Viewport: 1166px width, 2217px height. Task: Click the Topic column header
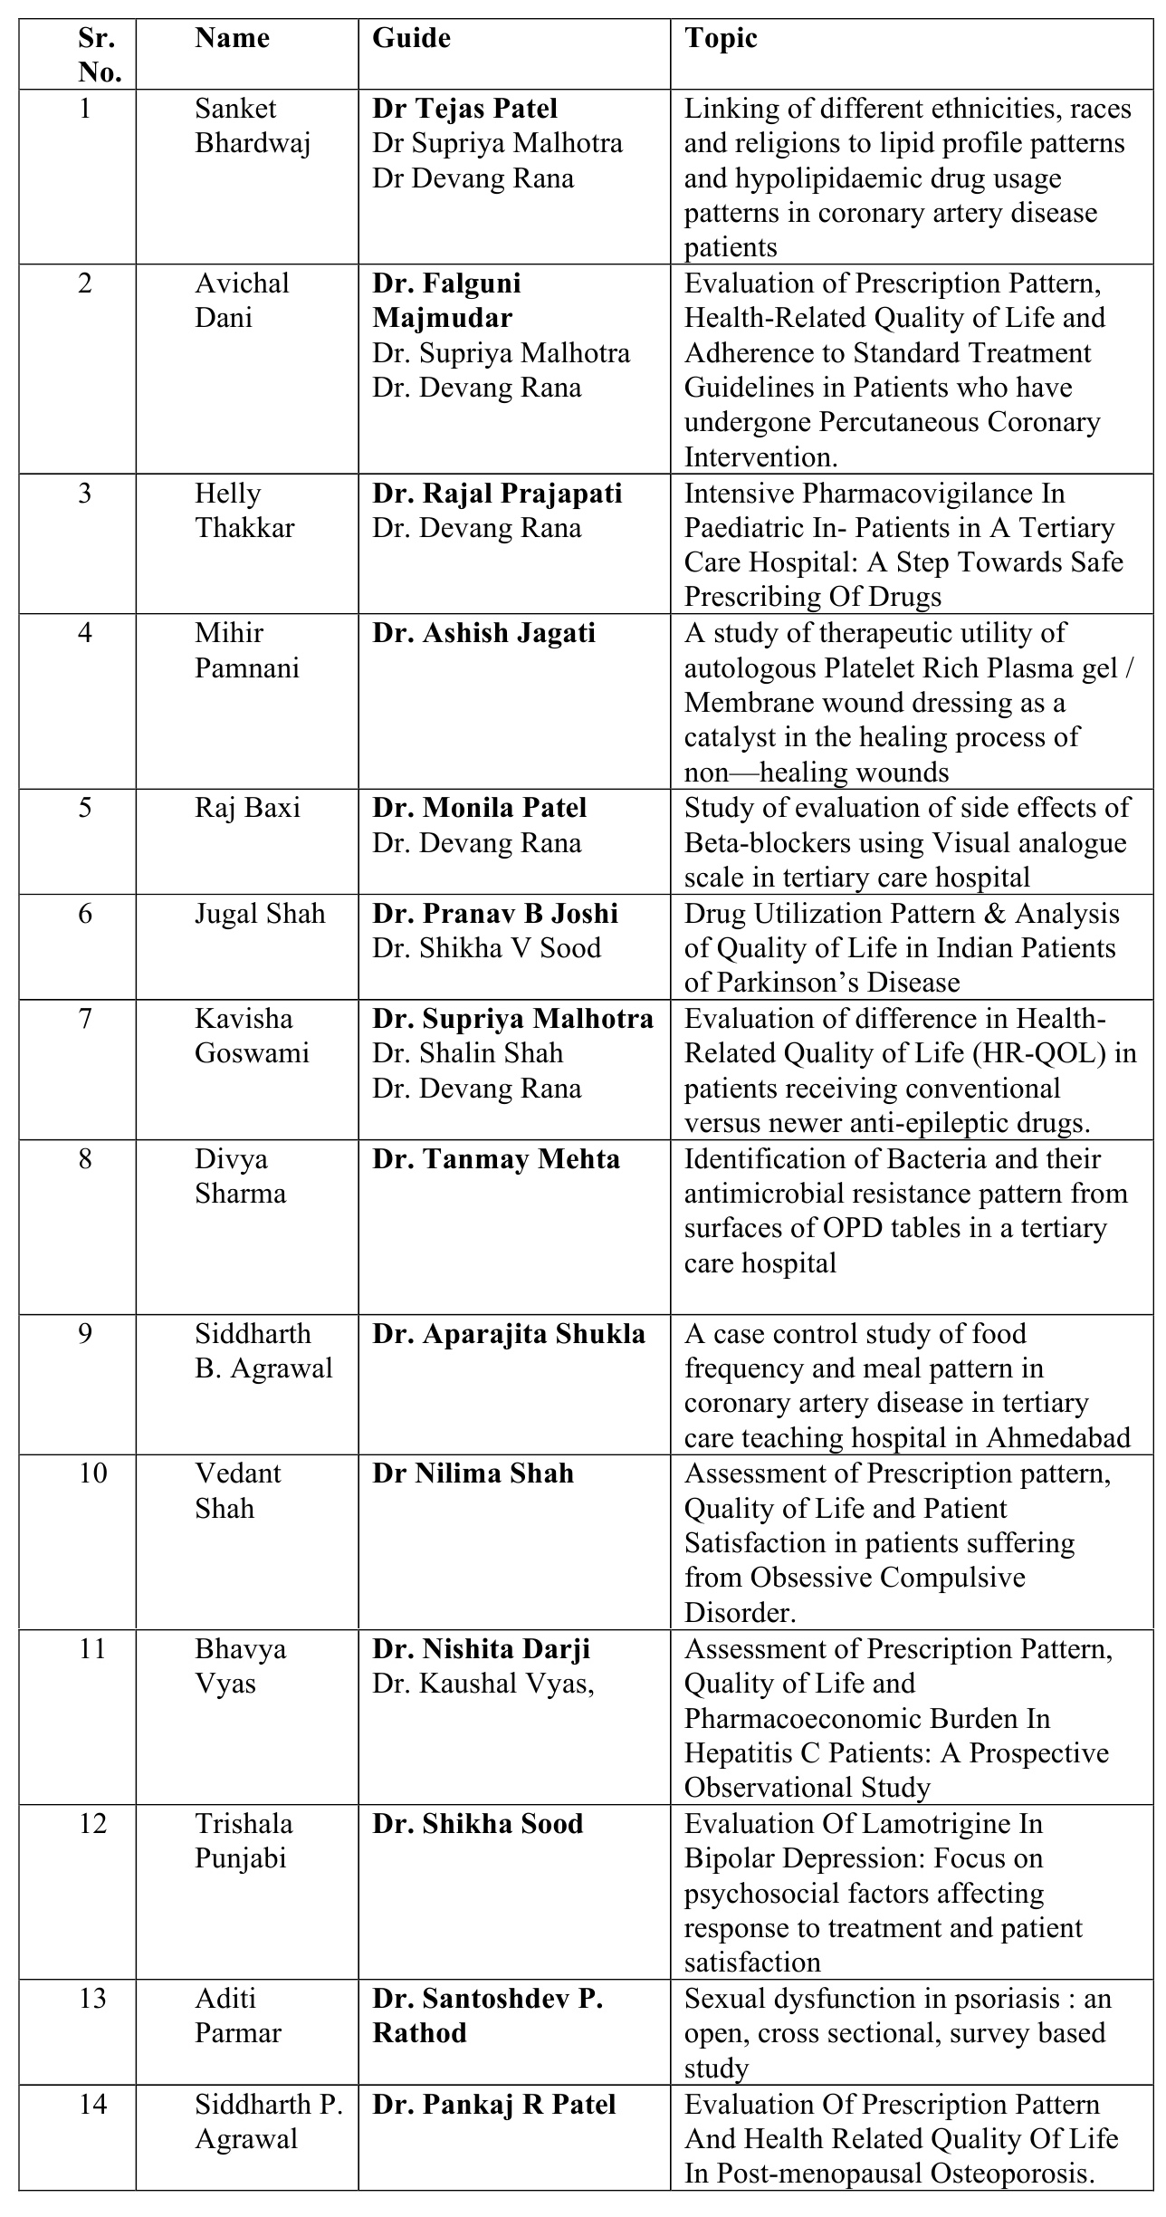click(721, 38)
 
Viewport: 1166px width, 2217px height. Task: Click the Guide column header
click(411, 38)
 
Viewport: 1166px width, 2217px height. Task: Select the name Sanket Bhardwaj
click(253, 126)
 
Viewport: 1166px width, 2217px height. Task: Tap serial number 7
click(85, 1019)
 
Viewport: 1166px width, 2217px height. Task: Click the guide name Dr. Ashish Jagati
click(483, 633)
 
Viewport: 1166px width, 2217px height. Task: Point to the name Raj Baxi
click(247, 808)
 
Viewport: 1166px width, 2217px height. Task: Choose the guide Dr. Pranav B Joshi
click(495, 913)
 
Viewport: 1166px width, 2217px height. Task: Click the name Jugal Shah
click(260, 913)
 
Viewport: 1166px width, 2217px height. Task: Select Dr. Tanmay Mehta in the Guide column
click(496, 1159)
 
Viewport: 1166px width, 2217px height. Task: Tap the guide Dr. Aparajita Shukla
click(509, 1334)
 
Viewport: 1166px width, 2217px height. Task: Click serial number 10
click(92, 1473)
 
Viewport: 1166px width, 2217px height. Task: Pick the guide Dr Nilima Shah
click(473, 1473)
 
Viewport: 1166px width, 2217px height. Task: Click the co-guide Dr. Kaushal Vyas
click(483, 1684)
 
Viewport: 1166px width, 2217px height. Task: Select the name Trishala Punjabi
click(244, 1841)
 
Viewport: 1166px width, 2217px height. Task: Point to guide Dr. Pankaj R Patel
click(493, 2104)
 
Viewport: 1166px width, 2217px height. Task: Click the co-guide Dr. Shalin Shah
click(467, 1053)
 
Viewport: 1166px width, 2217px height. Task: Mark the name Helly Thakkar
click(244, 511)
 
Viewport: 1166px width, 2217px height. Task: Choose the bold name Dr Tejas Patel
click(464, 109)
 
